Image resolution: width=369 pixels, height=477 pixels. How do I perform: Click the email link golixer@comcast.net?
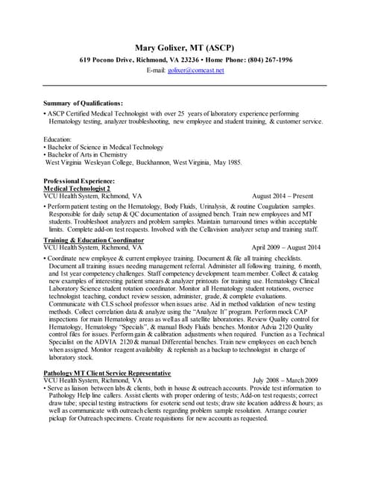(x=196, y=70)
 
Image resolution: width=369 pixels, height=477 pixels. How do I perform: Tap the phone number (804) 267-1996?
(x=265, y=60)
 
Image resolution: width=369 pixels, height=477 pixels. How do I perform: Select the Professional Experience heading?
(x=79, y=181)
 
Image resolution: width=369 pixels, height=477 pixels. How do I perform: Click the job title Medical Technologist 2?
(x=78, y=189)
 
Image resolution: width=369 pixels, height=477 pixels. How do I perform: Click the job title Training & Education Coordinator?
(x=93, y=241)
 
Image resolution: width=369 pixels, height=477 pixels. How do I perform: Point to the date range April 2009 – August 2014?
(x=286, y=247)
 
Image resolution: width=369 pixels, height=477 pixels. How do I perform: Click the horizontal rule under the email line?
(x=184, y=84)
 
